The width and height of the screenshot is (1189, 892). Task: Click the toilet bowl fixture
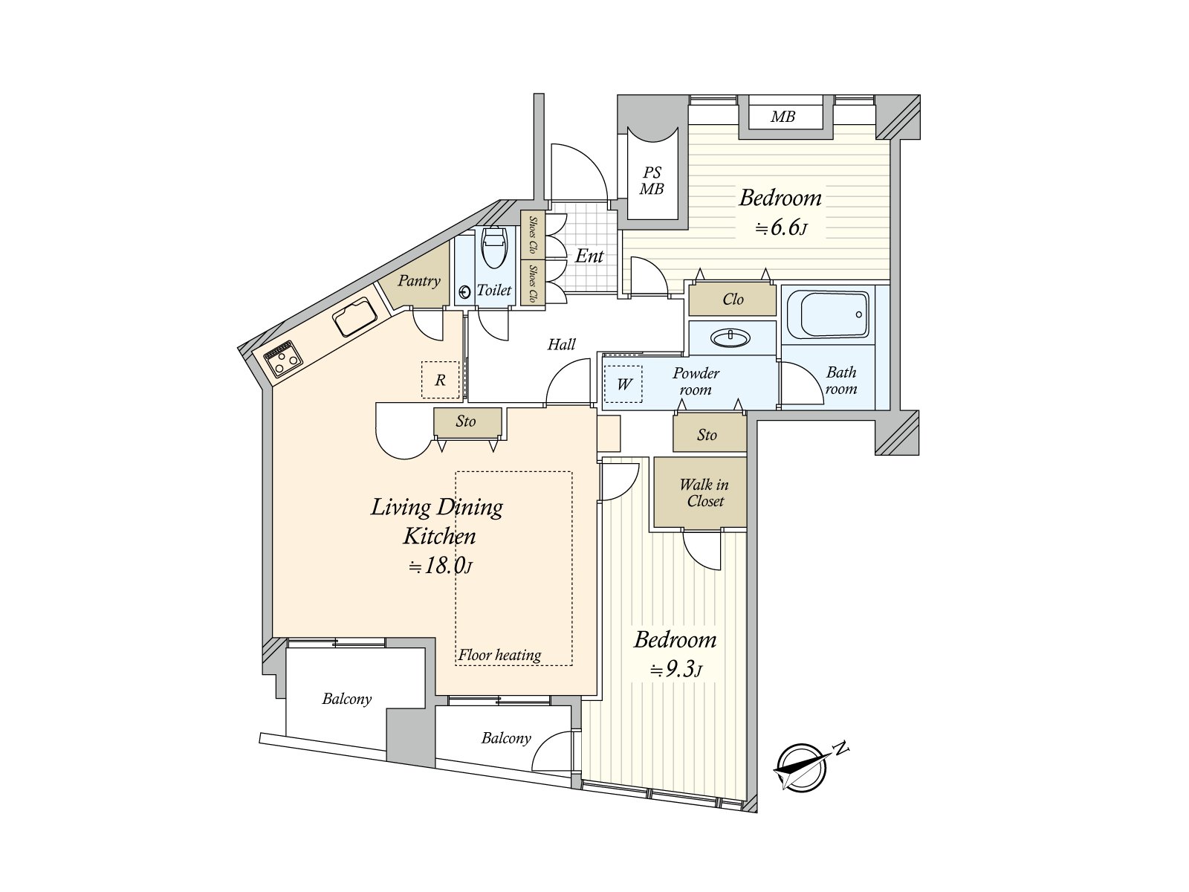tap(493, 248)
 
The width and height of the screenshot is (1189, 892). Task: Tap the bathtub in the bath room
tap(827, 314)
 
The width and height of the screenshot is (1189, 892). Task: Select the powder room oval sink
tap(730, 338)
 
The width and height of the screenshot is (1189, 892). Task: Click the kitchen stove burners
tap(282, 359)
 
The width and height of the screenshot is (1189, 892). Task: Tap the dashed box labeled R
tap(441, 380)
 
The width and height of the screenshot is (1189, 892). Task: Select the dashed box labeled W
tap(623, 384)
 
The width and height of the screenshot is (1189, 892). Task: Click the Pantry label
tap(418, 280)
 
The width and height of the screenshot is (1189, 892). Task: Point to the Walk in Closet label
tap(704, 492)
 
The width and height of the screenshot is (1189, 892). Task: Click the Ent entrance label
tap(589, 256)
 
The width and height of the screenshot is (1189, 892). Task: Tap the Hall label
tap(561, 344)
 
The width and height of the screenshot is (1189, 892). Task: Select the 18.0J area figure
tap(441, 566)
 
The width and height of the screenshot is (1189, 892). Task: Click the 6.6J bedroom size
tap(782, 227)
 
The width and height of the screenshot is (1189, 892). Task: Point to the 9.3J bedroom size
tap(676, 670)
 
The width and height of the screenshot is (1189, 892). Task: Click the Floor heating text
tap(499, 656)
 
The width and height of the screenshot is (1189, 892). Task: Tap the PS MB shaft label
tap(652, 181)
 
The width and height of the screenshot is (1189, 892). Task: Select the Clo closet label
tap(733, 299)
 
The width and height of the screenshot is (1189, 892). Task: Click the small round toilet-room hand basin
tap(464, 292)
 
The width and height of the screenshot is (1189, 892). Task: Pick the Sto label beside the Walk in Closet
tap(707, 435)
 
